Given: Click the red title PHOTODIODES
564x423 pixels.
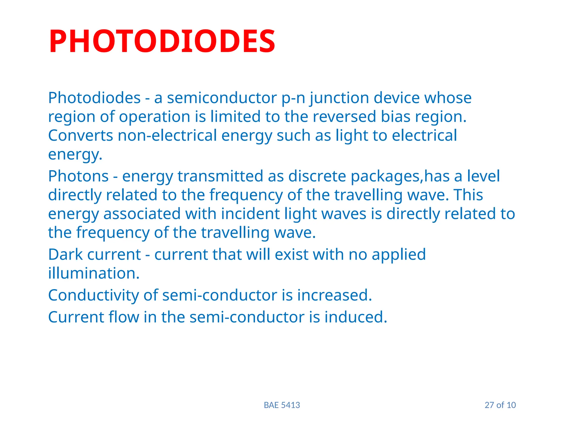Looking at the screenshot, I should [x=162, y=41].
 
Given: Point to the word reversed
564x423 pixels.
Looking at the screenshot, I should [x=344, y=116].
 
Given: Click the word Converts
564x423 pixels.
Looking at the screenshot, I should [x=80, y=135].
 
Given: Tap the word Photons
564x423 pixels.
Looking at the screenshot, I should [x=78, y=176].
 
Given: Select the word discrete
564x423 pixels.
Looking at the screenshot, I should [x=317, y=176].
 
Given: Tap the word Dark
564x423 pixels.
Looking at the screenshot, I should [x=65, y=254].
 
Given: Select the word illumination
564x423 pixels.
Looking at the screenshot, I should [x=94, y=273].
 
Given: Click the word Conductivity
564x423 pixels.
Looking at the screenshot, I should [x=93, y=295].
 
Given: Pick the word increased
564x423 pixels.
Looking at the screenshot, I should [x=334, y=295].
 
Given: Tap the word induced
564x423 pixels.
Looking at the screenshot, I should [x=356, y=317].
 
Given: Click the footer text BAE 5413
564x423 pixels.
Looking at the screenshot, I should [x=282, y=405].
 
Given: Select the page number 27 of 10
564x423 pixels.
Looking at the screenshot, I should [x=500, y=405].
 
